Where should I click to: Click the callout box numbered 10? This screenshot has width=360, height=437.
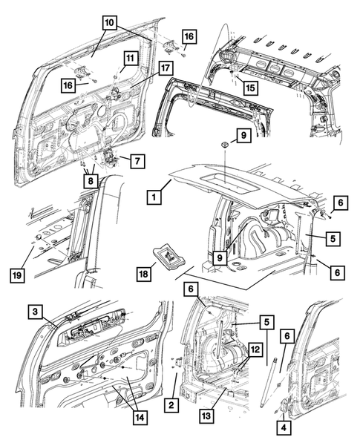[x=109, y=22]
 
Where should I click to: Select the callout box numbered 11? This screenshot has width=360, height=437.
[x=129, y=59]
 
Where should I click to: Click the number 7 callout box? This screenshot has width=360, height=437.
[x=137, y=160]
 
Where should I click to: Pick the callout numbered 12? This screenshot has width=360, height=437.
[x=255, y=348]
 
